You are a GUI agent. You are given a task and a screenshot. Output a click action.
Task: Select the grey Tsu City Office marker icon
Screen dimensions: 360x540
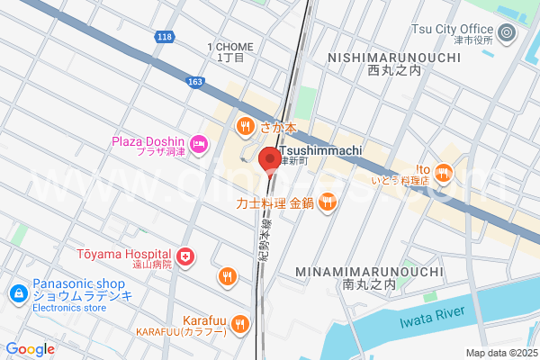pos(507,34)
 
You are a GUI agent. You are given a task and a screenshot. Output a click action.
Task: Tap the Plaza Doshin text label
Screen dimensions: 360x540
pos(148,141)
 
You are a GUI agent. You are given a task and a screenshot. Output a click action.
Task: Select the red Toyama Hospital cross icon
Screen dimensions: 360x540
pos(185,258)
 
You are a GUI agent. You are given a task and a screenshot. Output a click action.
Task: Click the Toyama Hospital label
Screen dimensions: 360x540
pos(127,255)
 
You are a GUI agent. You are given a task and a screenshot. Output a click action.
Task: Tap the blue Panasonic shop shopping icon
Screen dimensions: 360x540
pos(17,293)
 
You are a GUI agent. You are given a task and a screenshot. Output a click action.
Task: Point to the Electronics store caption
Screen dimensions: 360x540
pos(68,307)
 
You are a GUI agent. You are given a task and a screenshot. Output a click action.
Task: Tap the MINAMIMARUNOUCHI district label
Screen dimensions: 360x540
pos(369,271)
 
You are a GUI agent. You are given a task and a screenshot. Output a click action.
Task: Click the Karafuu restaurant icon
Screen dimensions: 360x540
pos(239,322)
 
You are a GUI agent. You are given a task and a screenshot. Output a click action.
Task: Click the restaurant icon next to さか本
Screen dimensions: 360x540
pos(244,127)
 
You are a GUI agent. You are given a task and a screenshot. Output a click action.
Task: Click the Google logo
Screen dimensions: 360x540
pos(30,349)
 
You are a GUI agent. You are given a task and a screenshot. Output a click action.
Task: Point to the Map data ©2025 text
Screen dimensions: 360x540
pos(499,353)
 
